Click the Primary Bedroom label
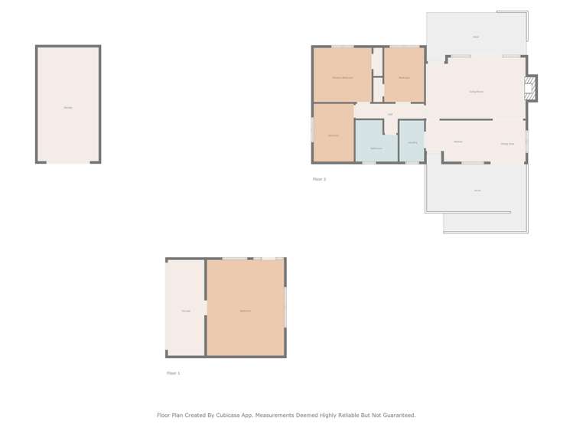342,78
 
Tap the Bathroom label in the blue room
376,148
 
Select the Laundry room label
412,142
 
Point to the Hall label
390,115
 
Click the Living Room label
475,92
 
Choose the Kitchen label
457,142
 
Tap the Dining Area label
506,144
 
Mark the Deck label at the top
476,37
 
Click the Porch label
477,190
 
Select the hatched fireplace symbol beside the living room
529,88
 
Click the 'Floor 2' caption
319,179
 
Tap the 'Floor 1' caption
174,373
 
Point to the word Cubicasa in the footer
227,415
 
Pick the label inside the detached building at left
68,107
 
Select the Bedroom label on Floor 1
245,311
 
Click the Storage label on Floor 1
186,311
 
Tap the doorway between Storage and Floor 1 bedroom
206,307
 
